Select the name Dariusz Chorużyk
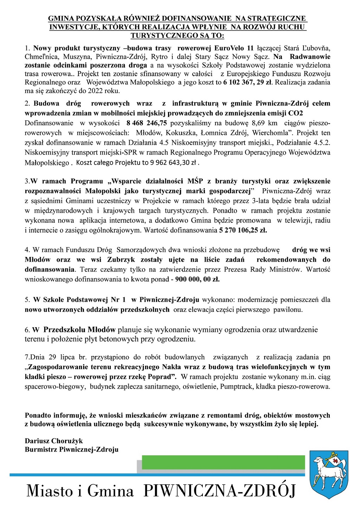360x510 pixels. click(x=54, y=441)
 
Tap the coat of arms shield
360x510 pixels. click(x=328, y=473)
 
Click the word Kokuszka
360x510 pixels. click(x=181, y=133)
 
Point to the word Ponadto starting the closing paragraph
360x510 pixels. click(x=38, y=416)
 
